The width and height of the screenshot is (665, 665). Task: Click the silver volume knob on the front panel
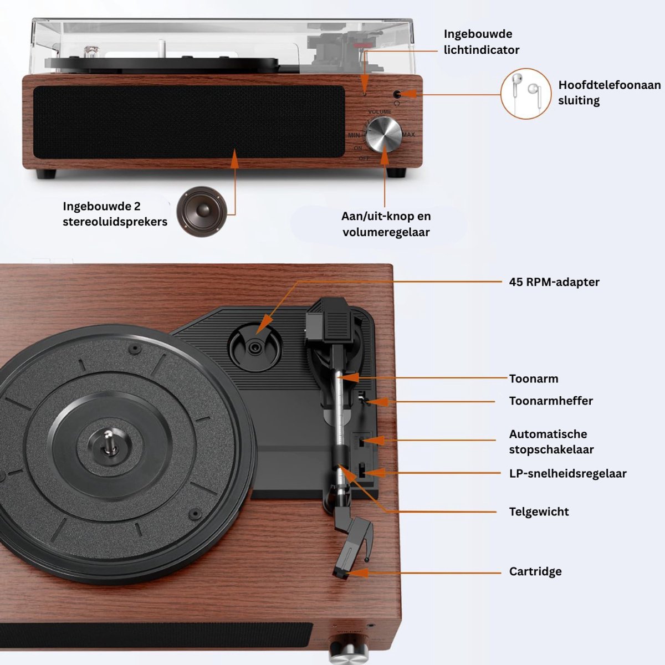pos(384,135)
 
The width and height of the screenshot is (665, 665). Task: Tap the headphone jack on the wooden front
pos(397,94)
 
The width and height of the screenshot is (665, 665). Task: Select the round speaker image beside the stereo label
pos(202,212)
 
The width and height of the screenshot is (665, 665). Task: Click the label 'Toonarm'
pos(534,378)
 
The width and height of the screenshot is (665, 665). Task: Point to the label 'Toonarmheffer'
pos(551,401)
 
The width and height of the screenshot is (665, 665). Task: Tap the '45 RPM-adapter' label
pos(554,282)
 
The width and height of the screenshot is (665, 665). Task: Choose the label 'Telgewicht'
pos(539,511)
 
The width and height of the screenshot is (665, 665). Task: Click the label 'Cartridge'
pos(535,571)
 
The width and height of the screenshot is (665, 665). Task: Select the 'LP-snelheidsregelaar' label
pos(567,473)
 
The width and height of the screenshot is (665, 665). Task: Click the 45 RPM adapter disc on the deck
pos(255,347)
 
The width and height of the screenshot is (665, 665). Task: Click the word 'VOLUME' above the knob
pos(380,112)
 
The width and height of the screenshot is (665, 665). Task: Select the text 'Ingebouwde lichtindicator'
pos(482,42)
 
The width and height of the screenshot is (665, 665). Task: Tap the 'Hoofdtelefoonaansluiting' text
pos(610,93)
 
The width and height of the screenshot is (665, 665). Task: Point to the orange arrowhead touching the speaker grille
pos(234,158)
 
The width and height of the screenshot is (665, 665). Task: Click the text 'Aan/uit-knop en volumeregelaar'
pos(386,224)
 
